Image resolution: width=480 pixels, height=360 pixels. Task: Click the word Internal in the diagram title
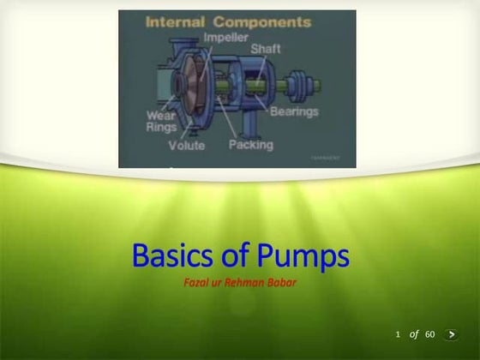pos(175,21)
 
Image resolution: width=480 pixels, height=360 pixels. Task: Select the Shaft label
pos(265,49)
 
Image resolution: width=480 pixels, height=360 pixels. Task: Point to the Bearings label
pos(294,111)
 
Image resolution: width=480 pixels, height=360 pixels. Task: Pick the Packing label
pos(250,145)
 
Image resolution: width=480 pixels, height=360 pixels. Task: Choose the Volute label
pos(186,146)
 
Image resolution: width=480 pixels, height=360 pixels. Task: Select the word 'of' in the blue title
pos(234,256)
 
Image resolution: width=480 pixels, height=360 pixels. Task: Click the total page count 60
pos(430,333)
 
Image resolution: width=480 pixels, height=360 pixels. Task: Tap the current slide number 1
pos(398,333)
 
